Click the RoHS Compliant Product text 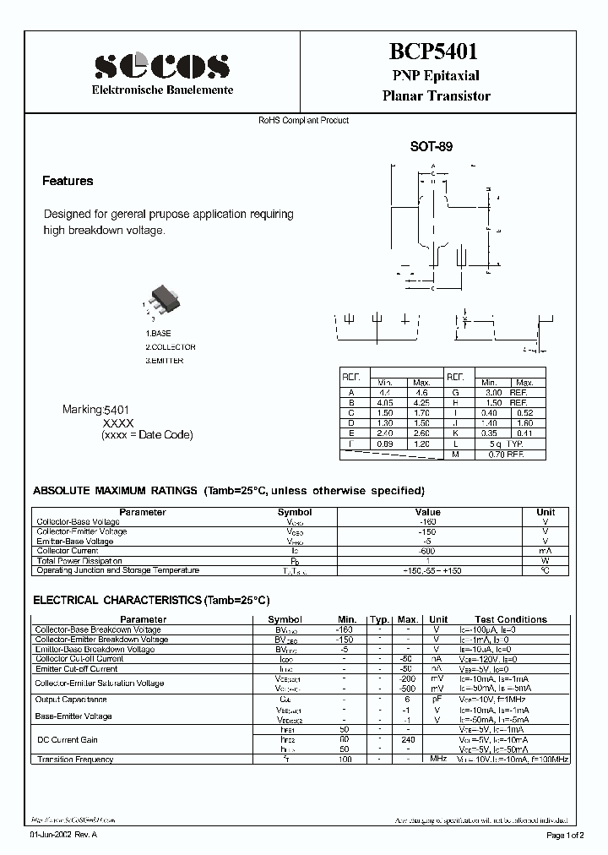(303, 121)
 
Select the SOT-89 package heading (432, 146)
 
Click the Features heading (68, 181)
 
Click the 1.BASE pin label (158, 334)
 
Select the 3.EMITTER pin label (164, 361)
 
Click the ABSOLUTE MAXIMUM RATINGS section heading (114, 491)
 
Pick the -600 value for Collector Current (427, 551)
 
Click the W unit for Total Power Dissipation (546, 561)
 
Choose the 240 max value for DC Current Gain (408, 738)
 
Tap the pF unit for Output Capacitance (437, 700)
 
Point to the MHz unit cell (437, 760)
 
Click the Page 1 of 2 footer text (569, 836)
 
